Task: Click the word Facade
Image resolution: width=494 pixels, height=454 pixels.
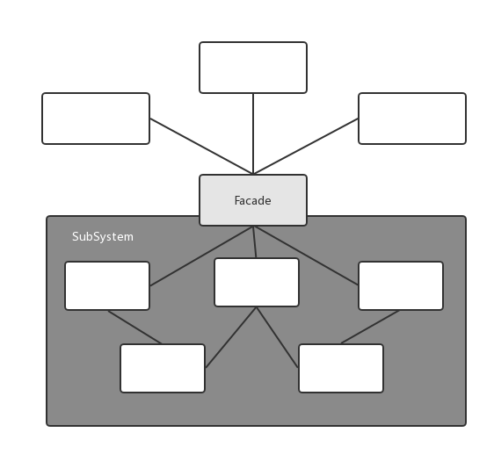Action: click(x=252, y=200)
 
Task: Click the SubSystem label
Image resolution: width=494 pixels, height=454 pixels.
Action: click(x=103, y=237)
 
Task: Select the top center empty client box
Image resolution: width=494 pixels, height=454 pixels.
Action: click(x=253, y=68)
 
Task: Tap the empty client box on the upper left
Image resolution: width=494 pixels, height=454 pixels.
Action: click(x=96, y=119)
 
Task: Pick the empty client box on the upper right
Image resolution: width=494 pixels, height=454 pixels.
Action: click(x=412, y=119)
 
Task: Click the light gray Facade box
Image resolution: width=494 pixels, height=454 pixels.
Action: click(x=253, y=200)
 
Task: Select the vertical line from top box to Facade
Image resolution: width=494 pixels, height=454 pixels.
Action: click(x=253, y=133)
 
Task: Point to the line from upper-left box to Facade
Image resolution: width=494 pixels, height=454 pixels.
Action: click(x=201, y=146)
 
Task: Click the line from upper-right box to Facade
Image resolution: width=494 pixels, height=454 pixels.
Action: click(x=306, y=146)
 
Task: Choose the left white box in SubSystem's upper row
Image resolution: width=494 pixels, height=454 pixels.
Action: click(x=107, y=285)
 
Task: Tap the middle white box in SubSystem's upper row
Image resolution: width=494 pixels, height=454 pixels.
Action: click(x=257, y=282)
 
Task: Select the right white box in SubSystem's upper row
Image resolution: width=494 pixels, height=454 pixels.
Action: click(x=401, y=285)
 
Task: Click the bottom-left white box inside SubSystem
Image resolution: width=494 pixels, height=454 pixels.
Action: click(x=163, y=368)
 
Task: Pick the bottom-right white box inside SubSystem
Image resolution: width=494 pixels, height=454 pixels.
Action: click(x=341, y=368)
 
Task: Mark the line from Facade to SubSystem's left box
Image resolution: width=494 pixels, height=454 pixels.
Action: click(x=201, y=256)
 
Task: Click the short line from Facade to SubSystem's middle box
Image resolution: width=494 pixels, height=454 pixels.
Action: click(x=255, y=241)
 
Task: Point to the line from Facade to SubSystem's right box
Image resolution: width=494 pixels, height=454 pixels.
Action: click(x=306, y=256)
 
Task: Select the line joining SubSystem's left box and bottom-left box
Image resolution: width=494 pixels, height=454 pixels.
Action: click(x=134, y=328)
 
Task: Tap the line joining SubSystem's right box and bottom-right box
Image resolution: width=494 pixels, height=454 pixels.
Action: click(x=371, y=328)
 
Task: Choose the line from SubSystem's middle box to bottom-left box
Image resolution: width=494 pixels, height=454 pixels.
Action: click(x=230, y=337)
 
